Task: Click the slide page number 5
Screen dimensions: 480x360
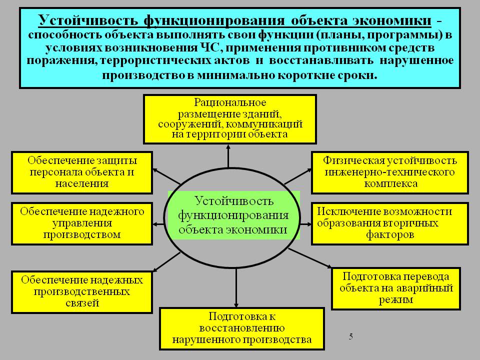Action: (351, 336)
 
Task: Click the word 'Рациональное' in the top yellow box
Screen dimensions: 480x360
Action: (230, 102)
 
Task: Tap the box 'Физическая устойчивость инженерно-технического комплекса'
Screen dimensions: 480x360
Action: (389, 172)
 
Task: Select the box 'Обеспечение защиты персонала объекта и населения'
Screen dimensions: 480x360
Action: (81, 172)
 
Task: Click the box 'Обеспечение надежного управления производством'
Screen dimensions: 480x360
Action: (81, 223)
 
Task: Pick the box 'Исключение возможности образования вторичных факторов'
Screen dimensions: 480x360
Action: (389, 223)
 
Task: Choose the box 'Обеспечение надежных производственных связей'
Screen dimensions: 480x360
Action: (81, 292)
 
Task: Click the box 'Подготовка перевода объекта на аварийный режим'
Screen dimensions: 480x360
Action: (396, 288)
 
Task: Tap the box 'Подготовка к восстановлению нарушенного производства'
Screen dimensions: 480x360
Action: (242, 329)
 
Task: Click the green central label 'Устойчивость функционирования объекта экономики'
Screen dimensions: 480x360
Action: (233, 215)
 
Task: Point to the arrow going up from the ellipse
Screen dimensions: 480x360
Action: (228, 156)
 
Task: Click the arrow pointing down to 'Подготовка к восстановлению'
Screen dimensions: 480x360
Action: (236, 288)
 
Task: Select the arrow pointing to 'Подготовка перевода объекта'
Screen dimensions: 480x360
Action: (310, 258)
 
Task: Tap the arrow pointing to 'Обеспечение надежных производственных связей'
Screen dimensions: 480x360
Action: (166, 262)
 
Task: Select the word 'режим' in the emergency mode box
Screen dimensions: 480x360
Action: (396, 299)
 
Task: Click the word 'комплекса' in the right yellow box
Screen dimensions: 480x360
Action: (390, 184)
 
